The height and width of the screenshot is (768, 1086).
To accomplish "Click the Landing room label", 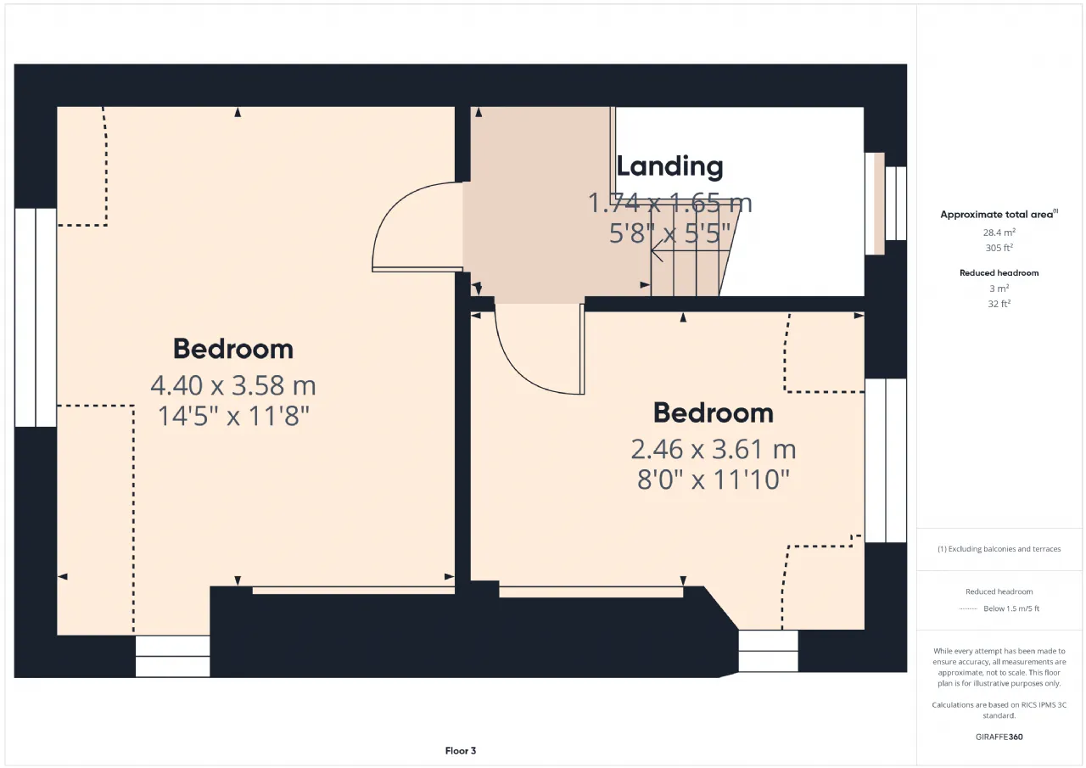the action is [669, 167].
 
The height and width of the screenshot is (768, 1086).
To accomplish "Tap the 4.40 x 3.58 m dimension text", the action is [233, 385].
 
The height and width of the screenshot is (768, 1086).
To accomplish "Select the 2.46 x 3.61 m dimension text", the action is [714, 450].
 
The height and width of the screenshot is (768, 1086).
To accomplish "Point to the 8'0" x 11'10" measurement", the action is [714, 479].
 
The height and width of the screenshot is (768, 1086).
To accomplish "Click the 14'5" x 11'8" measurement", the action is [233, 416].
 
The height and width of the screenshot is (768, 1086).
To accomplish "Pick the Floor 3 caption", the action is [461, 750].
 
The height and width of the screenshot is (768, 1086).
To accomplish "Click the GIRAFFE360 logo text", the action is [999, 737].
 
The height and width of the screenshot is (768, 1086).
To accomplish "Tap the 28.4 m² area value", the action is [999, 233].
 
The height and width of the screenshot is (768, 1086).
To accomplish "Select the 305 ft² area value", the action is [999, 248].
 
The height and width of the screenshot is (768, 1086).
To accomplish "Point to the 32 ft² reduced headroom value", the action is [999, 304].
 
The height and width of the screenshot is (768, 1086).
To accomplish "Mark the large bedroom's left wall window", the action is [36, 317].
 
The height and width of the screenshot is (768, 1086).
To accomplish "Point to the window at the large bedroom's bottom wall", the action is [172, 656].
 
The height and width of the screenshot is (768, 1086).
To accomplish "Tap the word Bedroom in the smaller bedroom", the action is [714, 413].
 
